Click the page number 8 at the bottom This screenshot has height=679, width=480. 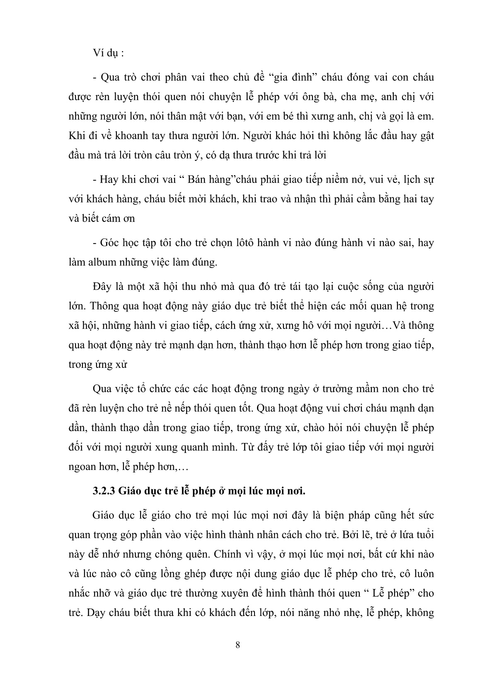pyautogui.click(x=238, y=645)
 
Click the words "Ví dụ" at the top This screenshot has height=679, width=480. pyautogui.click(x=103, y=54)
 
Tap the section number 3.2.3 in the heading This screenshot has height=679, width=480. pyautogui.click(x=104, y=492)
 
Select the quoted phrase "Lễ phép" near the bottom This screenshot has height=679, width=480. pyautogui.click(x=393, y=593)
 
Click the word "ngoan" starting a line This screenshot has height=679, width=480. pyautogui.click(x=82, y=467)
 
